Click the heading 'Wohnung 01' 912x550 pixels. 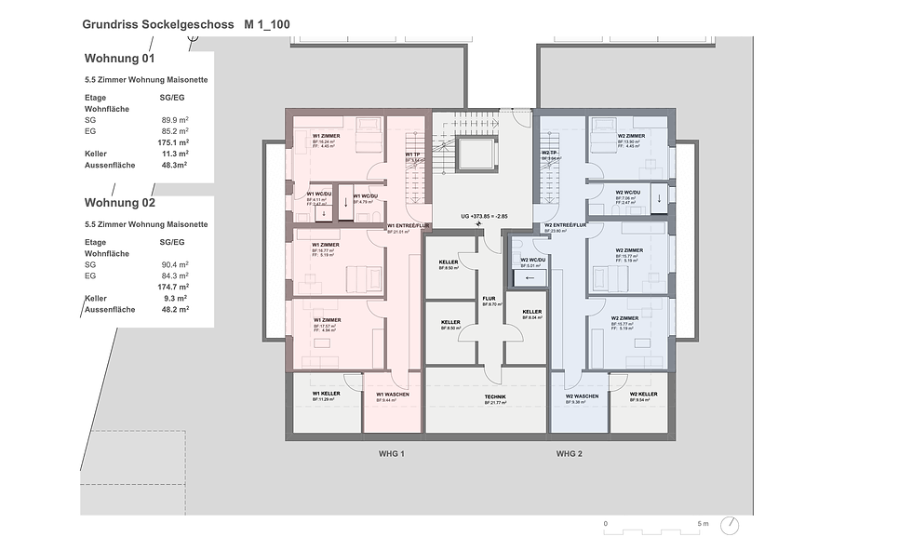(120, 58)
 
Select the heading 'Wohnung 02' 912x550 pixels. (120, 202)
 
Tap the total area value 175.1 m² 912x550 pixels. (173, 142)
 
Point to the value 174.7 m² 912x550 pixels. (174, 288)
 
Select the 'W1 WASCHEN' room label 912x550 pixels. (393, 395)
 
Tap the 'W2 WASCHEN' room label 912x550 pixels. (582, 396)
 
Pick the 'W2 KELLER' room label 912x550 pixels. (645, 395)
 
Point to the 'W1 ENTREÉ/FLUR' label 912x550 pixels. (407, 225)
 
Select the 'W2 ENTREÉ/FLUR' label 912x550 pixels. (565, 225)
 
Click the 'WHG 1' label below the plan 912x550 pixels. (392, 453)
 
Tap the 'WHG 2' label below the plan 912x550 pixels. (569, 453)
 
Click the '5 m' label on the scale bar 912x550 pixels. (703, 524)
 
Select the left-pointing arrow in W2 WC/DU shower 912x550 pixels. (530, 277)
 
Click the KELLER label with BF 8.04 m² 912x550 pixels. (531, 312)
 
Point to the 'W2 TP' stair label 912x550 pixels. (549, 154)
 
